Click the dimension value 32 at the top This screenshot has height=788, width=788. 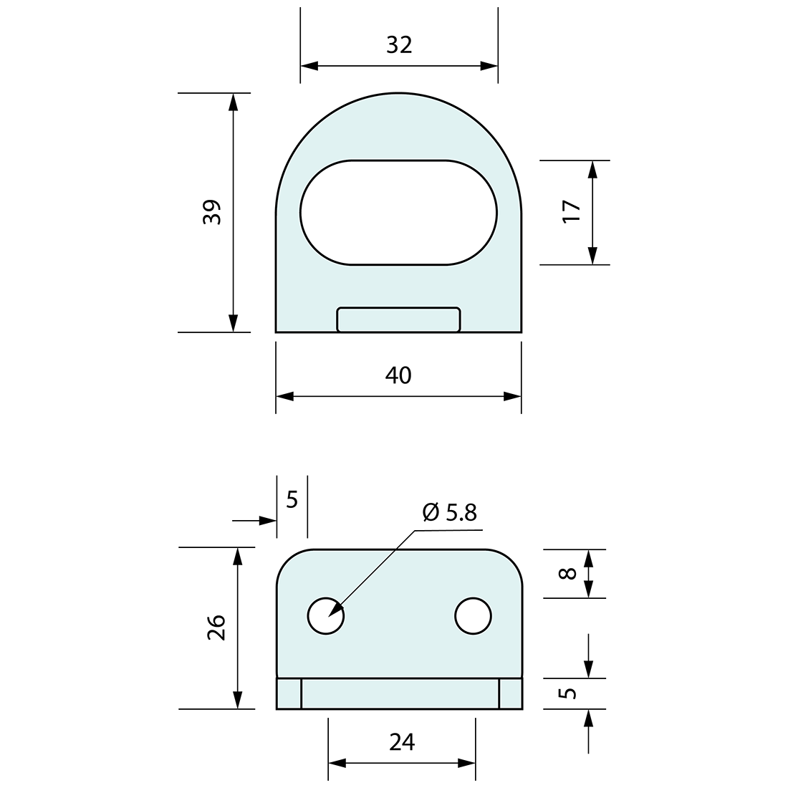[x=399, y=45]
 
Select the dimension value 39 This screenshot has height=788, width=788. [x=212, y=213]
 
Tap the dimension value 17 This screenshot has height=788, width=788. [x=572, y=211]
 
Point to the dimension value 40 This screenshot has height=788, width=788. [x=398, y=375]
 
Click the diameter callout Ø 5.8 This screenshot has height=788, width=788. [x=449, y=512]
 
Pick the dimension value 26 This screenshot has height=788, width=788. [x=217, y=628]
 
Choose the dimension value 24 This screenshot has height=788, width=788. [x=402, y=742]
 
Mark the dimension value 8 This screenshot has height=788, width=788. [x=567, y=573]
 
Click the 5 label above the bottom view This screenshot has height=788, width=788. [x=292, y=499]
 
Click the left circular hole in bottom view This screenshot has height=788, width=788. [x=326, y=615]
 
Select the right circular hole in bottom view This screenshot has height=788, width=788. [x=474, y=615]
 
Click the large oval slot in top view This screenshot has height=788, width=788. [x=398, y=212]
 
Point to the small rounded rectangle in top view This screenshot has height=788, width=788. [x=398, y=319]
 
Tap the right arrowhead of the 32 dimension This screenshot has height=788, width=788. [x=489, y=66]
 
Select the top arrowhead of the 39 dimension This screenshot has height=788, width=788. [x=232, y=102]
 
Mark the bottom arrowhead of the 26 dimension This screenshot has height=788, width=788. [x=238, y=701]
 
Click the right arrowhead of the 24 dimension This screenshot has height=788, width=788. [x=467, y=763]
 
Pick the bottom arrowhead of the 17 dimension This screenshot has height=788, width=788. [x=592, y=256]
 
